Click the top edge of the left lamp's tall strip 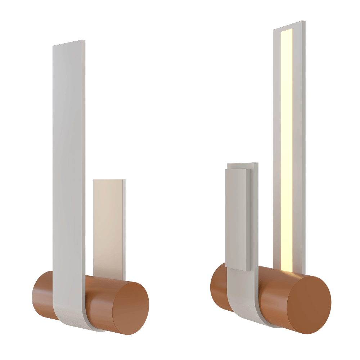click(x=69, y=42)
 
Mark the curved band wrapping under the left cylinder click(x=72, y=317)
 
